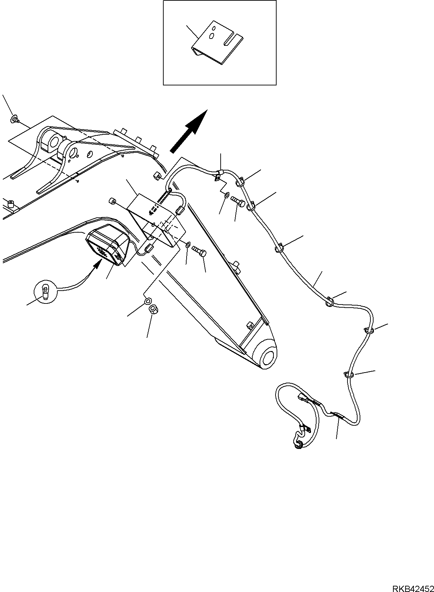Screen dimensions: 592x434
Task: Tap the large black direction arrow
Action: point(189,131)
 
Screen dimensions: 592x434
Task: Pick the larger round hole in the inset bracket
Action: point(212,36)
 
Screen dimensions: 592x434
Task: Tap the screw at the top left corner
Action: point(14,119)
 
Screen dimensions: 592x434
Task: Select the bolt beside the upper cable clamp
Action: point(238,200)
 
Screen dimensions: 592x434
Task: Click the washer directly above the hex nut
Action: point(147,301)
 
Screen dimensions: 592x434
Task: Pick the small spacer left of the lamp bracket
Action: point(113,201)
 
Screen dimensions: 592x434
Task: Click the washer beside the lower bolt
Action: point(188,245)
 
